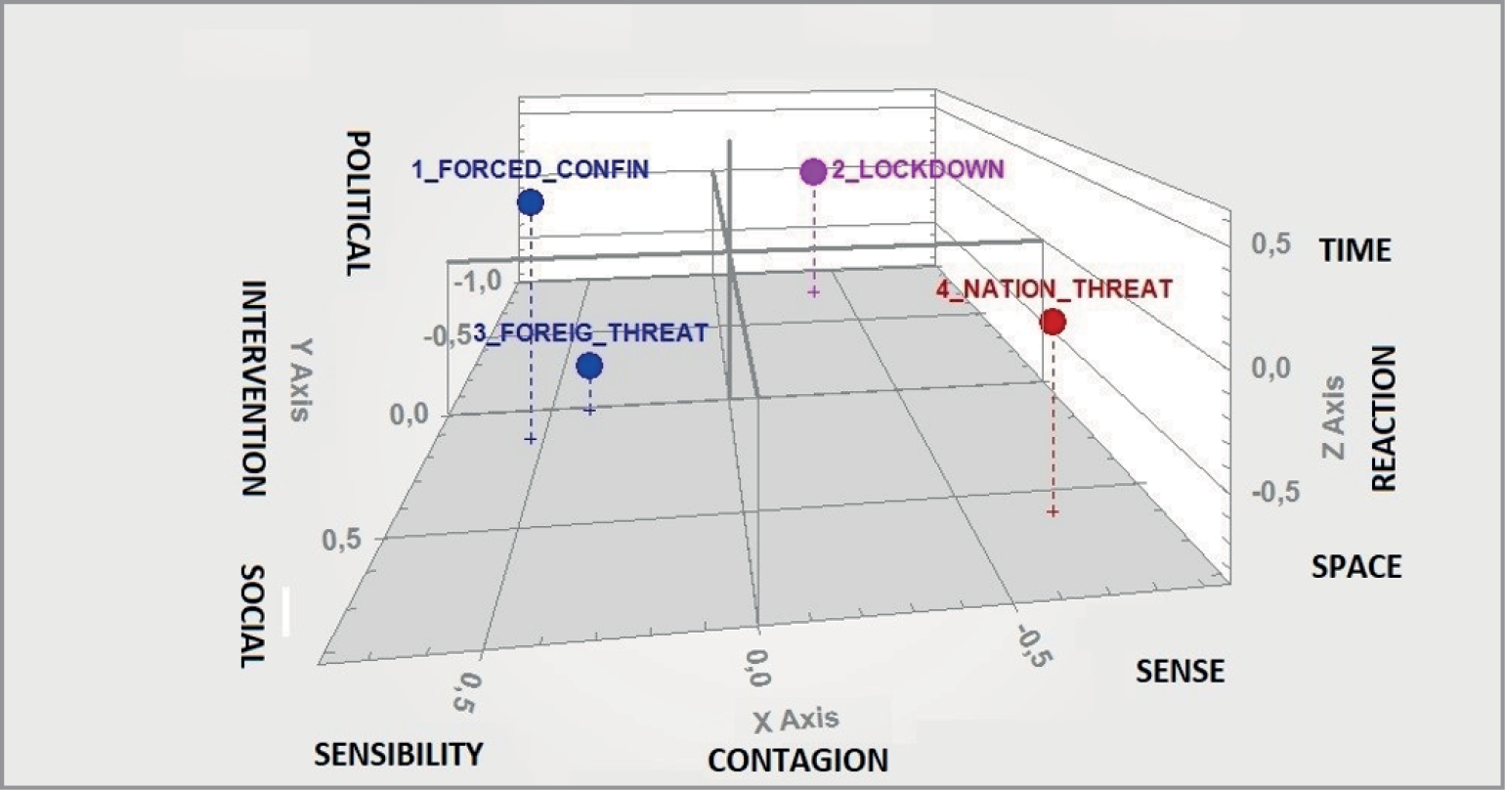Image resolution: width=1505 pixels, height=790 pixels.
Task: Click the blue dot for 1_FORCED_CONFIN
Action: click(530, 202)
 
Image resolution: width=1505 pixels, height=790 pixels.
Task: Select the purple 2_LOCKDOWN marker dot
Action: click(813, 172)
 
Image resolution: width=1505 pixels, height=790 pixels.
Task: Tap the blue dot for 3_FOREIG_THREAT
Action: click(589, 366)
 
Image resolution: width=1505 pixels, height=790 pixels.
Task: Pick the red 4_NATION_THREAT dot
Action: click(1053, 322)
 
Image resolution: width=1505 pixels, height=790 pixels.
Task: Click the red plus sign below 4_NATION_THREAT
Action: click(1053, 511)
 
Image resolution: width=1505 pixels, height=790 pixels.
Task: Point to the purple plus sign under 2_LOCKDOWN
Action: click(813, 292)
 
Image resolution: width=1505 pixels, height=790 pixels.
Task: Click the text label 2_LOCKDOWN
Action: click(917, 169)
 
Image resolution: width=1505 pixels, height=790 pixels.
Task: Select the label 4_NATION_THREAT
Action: click(1053, 289)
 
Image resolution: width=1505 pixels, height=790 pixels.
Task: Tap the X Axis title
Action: click(795, 721)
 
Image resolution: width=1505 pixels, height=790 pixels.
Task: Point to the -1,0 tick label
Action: click(476, 281)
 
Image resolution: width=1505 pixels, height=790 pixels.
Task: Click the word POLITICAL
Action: click(359, 202)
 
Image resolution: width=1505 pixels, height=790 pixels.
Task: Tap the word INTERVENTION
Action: click(253, 389)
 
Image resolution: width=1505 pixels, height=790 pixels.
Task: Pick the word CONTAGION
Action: click(797, 760)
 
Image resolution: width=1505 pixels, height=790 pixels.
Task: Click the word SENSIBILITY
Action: click(398, 754)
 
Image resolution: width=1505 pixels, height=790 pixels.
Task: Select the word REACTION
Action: click(1385, 417)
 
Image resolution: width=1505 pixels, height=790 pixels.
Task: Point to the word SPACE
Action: click(1356, 566)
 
